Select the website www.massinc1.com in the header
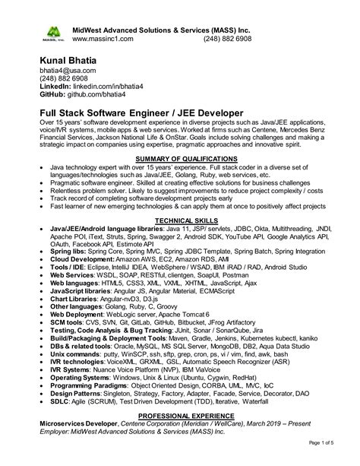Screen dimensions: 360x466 tap(103, 38)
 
